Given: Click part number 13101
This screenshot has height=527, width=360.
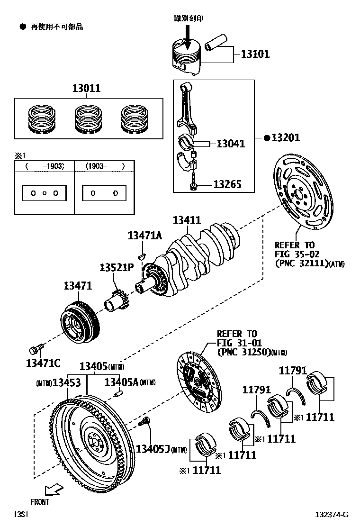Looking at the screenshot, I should [255, 54].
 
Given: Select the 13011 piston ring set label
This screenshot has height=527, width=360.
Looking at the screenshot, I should [86, 88].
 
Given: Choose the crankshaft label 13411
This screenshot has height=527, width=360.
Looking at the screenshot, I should [187, 220].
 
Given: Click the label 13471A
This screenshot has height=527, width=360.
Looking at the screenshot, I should [144, 236].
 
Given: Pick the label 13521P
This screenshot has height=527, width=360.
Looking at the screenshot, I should [117, 268].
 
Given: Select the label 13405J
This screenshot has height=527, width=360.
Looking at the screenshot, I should [153, 448].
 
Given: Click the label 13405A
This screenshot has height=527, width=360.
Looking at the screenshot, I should [121, 382].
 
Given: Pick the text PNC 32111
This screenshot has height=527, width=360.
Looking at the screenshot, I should [301, 263].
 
